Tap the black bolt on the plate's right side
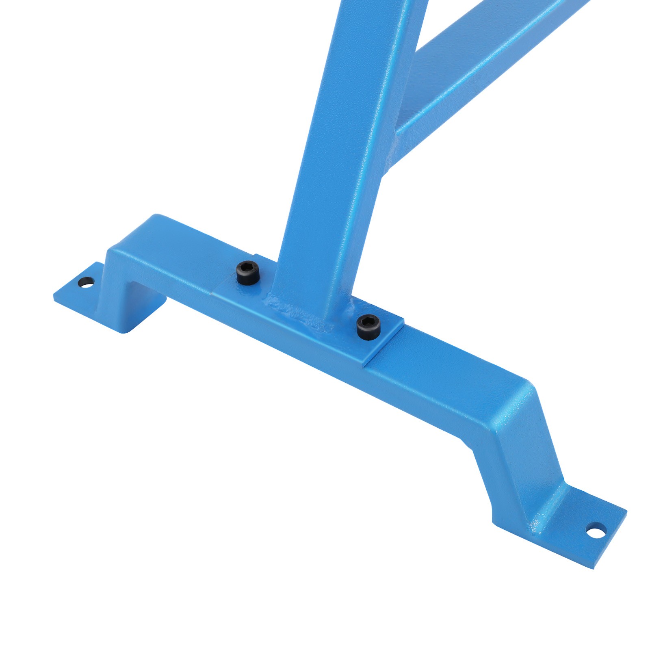[368, 326]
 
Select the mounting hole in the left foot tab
[86, 282]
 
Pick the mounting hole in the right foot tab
[596, 530]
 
